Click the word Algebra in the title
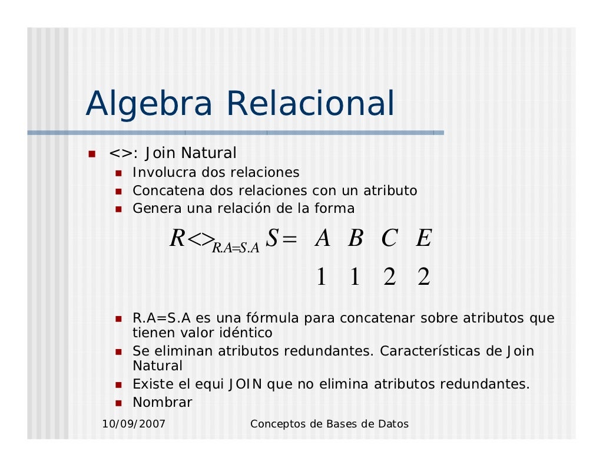[x=149, y=104]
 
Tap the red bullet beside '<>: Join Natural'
[x=92, y=154]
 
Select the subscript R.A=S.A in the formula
[x=236, y=248]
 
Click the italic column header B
[x=355, y=239]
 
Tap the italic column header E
[x=423, y=239]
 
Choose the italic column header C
[x=389, y=239]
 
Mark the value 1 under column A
[x=321, y=277]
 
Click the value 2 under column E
[x=423, y=277]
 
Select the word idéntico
[x=242, y=333]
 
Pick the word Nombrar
[x=163, y=403]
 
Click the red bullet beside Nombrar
[x=118, y=403]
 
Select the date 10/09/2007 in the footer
[x=134, y=424]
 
